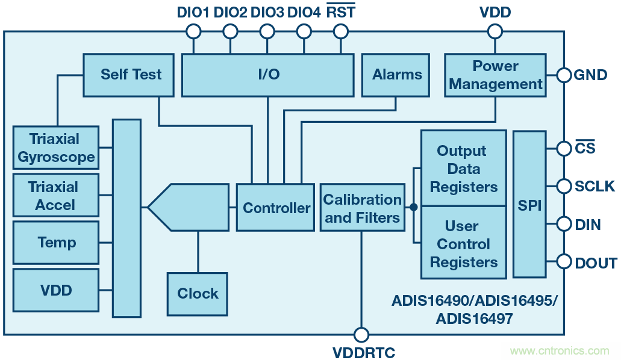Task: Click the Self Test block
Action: pos(131,75)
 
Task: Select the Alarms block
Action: pos(396,75)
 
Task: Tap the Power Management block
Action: pos(495,75)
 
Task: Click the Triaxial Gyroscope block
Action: pos(56,148)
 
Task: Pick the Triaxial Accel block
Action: pos(56,196)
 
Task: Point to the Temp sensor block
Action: pos(56,243)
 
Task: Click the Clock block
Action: pos(198,294)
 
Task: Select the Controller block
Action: pos(276,208)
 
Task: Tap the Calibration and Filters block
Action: pos(363,208)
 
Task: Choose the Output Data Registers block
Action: pos(463,169)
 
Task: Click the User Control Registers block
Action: pos(463,243)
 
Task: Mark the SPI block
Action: pos(529,205)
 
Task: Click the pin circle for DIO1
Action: pos(193,31)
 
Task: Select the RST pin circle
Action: pos(340,31)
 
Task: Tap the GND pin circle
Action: pos(564,75)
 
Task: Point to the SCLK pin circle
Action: pos(564,186)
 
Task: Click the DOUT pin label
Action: pos(596,263)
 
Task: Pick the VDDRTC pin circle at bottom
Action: pos(361,335)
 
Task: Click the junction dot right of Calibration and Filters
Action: pos(413,207)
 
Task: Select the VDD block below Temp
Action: pos(56,291)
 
